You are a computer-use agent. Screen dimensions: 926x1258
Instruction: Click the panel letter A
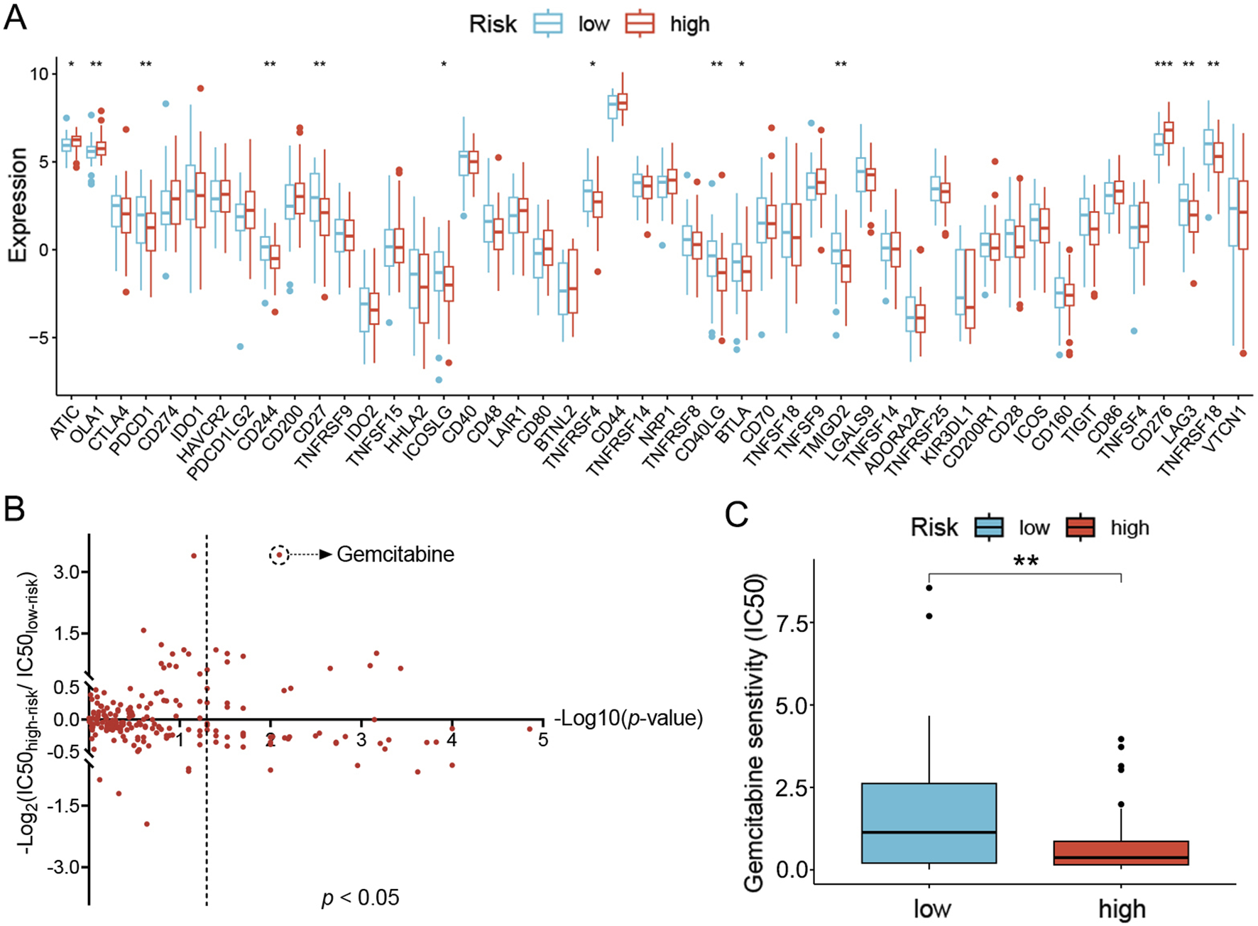coord(16,17)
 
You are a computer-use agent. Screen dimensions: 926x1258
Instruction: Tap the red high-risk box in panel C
coord(1121,852)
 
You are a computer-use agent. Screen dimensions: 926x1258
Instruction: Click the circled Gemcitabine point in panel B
coord(280,555)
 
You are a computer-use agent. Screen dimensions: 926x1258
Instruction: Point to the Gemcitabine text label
coord(395,555)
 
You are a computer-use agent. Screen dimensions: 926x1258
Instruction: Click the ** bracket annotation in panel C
coord(1025,563)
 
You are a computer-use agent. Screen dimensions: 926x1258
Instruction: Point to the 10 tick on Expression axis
coord(40,74)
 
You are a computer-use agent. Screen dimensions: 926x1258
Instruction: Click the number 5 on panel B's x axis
coord(542,740)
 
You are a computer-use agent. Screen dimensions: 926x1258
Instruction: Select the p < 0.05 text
coord(361,898)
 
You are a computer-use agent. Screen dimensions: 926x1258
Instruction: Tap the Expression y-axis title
coord(17,205)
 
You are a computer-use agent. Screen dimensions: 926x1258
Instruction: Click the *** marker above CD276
coord(1164,65)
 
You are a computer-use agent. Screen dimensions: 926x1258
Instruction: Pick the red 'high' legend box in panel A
coord(639,24)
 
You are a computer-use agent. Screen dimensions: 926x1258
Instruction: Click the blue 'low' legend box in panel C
coord(989,528)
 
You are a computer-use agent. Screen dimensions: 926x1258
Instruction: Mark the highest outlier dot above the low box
coord(929,587)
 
